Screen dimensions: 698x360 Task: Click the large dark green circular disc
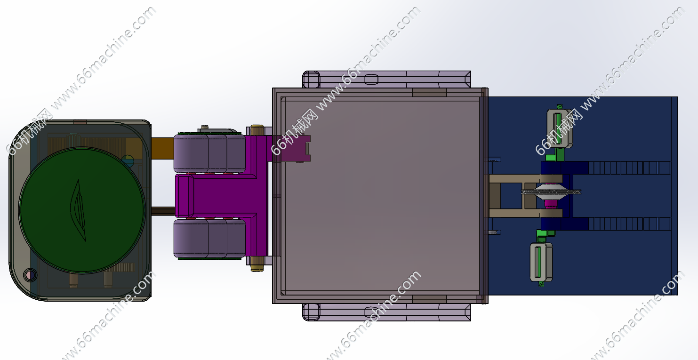coord(81,210)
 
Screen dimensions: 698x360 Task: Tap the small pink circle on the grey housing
coord(30,275)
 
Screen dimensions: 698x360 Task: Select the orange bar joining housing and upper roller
coord(162,148)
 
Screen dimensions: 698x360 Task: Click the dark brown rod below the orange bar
coord(163,211)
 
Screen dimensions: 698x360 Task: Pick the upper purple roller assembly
coord(209,153)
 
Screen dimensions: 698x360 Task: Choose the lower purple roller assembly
coord(209,239)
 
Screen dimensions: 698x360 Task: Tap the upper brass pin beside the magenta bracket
coord(257,130)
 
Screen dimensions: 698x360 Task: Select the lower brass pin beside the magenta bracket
coord(257,264)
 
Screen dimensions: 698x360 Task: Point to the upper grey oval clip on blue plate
coord(560,128)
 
